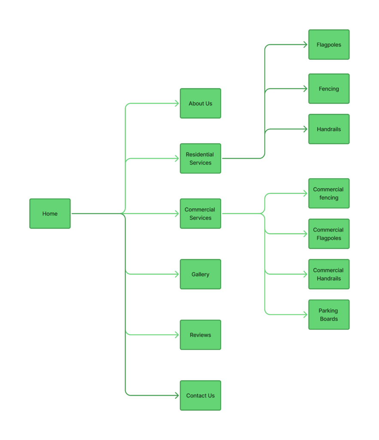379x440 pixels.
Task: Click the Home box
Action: point(50,214)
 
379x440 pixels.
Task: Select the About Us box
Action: point(200,104)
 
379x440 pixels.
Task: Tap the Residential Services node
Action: point(200,159)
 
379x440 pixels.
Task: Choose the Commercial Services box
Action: point(200,214)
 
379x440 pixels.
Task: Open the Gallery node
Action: point(200,274)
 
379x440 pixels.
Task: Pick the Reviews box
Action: point(200,335)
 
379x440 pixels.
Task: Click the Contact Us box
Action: point(200,395)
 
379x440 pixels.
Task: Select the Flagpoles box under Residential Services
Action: point(329,45)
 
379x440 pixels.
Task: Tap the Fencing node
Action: point(329,89)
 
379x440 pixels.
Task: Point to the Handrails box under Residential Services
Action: point(329,129)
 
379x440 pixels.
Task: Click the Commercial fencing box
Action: point(329,193)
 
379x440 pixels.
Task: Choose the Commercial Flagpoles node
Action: point(329,234)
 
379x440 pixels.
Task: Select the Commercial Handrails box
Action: point(329,274)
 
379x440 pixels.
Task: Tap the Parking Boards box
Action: point(329,315)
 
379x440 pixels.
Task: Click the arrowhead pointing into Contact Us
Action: point(176,395)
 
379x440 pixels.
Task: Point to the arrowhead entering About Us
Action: point(176,104)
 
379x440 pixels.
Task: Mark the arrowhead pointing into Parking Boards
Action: point(305,315)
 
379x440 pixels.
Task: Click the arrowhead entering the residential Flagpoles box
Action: point(305,45)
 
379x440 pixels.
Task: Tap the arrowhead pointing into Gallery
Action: point(176,274)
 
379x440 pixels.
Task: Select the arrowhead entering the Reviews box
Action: point(176,335)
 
